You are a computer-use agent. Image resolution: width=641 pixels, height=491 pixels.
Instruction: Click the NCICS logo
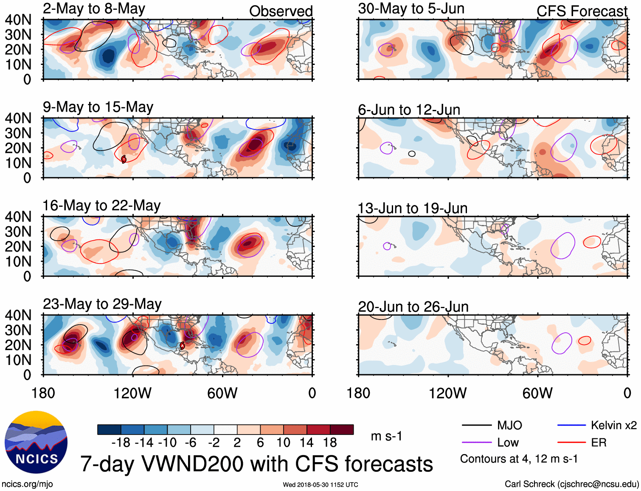[x=36, y=442]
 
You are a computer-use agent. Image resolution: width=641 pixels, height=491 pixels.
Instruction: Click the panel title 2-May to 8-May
[x=94, y=9]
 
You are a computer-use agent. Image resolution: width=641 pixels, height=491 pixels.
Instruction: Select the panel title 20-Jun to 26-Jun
[x=413, y=307]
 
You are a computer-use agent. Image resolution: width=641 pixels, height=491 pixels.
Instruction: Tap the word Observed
[x=281, y=11]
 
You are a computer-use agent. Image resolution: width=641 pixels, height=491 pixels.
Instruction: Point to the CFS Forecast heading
[x=582, y=11]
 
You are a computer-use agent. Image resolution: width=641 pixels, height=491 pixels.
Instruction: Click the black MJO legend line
[x=476, y=425]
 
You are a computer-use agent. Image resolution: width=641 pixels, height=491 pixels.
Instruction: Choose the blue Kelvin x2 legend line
[x=571, y=425]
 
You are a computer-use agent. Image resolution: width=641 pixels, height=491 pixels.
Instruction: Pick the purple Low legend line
[x=476, y=443]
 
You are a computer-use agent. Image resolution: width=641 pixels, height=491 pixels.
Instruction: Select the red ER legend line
[x=571, y=443]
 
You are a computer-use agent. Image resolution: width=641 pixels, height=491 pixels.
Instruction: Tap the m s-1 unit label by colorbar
[x=386, y=436]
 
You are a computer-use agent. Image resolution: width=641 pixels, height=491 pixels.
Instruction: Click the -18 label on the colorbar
[x=121, y=443]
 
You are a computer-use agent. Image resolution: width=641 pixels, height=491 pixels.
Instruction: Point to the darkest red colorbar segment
[x=342, y=429]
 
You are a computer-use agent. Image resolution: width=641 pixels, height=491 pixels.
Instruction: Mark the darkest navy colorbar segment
[x=109, y=429]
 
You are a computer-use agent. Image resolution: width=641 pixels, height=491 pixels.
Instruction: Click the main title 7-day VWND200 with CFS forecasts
[x=256, y=464]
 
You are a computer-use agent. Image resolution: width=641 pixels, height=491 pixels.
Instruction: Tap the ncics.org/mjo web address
[x=27, y=484]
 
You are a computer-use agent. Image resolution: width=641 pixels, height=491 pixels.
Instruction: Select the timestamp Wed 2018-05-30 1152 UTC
[x=320, y=485]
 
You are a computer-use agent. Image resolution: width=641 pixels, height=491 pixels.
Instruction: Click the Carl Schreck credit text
[x=571, y=484]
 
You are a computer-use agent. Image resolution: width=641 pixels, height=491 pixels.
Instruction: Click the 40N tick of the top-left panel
[x=18, y=20]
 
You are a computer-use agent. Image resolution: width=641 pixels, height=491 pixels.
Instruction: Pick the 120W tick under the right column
[x=447, y=393]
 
